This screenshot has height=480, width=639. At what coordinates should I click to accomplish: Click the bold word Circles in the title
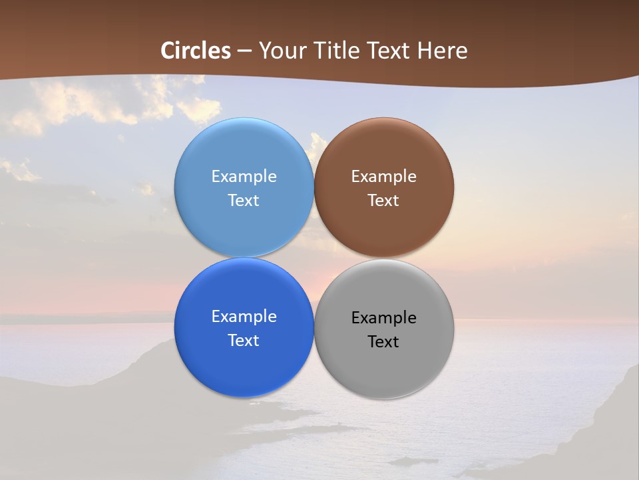tap(196, 51)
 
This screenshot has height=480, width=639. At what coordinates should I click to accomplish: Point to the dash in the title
tap(244, 51)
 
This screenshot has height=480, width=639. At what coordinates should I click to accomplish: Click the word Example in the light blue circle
tap(244, 177)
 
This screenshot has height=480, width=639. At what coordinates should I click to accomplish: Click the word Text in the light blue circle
tap(244, 201)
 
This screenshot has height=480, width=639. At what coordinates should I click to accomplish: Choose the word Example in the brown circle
tap(383, 177)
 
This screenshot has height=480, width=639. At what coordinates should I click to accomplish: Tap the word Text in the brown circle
tap(383, 201)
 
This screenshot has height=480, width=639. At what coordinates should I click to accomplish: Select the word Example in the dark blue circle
tap(244, 317)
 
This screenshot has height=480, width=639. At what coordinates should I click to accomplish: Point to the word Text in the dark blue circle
tap(244, 341)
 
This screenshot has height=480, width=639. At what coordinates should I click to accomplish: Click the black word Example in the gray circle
tap(383, 318)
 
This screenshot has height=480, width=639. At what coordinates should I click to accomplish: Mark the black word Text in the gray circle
tap(383, 342)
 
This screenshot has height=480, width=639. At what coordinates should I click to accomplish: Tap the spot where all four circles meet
tap(314, 258)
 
